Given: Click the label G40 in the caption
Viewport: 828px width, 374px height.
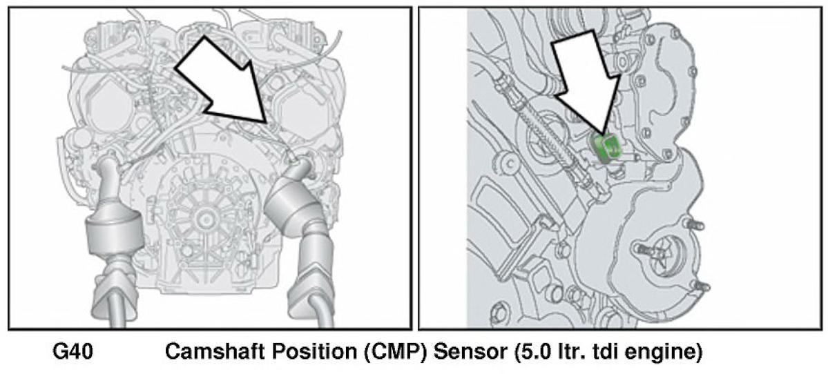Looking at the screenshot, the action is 73,352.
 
